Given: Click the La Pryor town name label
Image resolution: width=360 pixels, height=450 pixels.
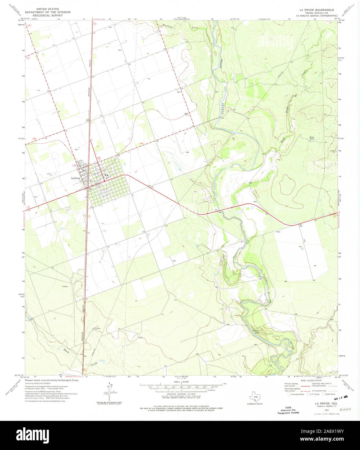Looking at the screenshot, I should (x=75, y=178).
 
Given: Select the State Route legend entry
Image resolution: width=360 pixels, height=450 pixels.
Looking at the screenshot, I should (x=329, y=394).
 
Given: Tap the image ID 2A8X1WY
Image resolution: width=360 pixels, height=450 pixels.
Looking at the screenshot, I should (x=326, y=431).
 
